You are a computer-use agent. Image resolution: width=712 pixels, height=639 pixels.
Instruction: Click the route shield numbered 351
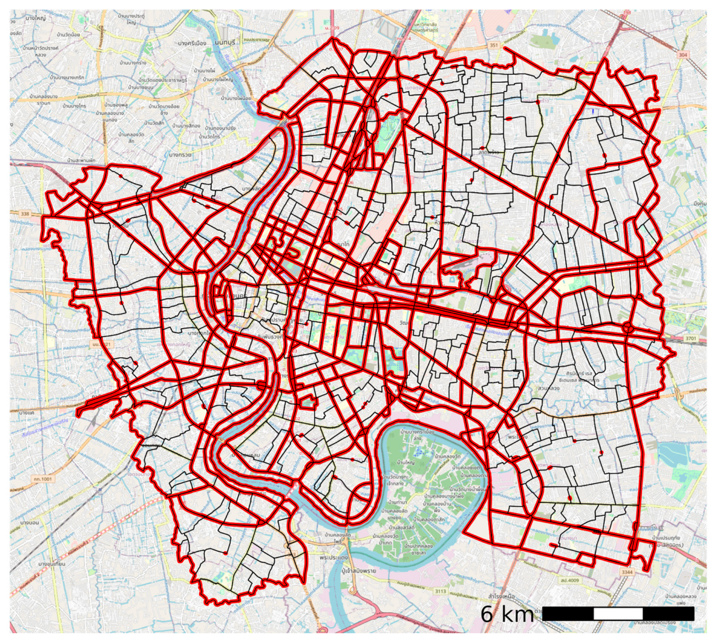click(494, 46)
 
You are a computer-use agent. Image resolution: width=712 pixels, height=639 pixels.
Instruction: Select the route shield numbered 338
click(25, 214)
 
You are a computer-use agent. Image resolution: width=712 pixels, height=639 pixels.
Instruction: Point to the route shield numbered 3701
click(691, 338)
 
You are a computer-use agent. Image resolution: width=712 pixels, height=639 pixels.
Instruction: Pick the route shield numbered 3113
click(440, 591)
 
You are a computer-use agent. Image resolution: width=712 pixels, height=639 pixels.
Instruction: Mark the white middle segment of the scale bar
click(618, 614)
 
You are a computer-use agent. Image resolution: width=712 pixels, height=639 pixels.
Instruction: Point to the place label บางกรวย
click(180, 155)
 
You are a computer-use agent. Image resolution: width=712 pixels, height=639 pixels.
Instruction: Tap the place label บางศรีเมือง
click(192, 43)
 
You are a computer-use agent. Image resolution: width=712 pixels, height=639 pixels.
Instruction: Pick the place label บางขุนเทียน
click(51, 564)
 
